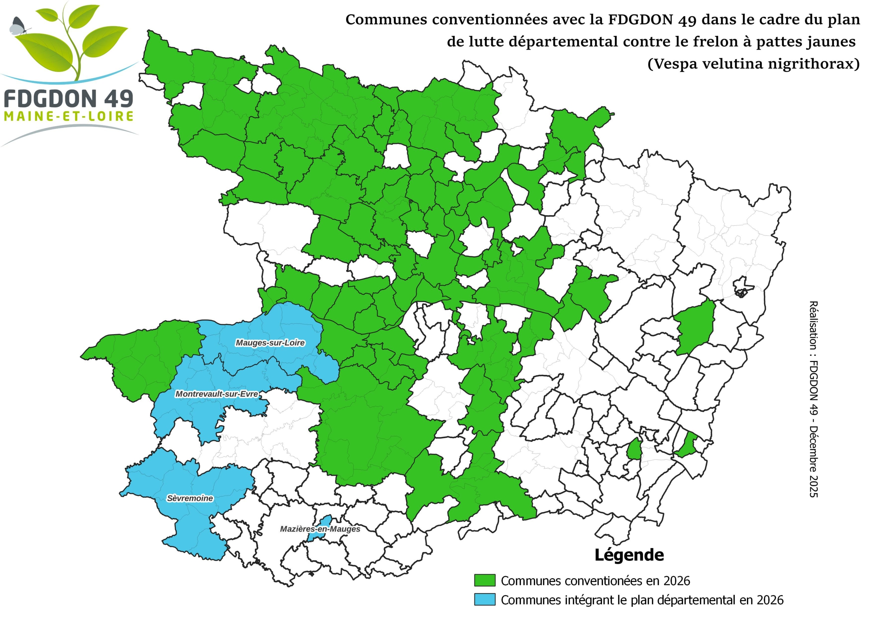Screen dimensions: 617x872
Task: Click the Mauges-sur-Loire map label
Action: coord(270,343)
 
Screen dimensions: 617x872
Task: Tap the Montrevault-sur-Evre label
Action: coord(217,394)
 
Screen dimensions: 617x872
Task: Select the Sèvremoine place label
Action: coord(190,498)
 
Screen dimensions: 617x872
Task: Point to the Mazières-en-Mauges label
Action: coord(320,529)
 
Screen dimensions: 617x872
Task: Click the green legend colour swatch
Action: coord(485,581)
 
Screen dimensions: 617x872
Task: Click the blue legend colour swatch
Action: coord(485,600)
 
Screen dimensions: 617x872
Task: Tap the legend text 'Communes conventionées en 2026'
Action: coord(595,581)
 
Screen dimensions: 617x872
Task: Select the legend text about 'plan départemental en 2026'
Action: coord(642,600)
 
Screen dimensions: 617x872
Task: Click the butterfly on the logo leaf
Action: coord(17,26)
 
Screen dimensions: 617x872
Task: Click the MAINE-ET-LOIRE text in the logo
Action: coord(69,116)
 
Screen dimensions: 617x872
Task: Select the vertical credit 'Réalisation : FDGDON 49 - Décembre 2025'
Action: coord(813,399)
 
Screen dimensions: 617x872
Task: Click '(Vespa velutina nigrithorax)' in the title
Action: coord(753,63)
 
